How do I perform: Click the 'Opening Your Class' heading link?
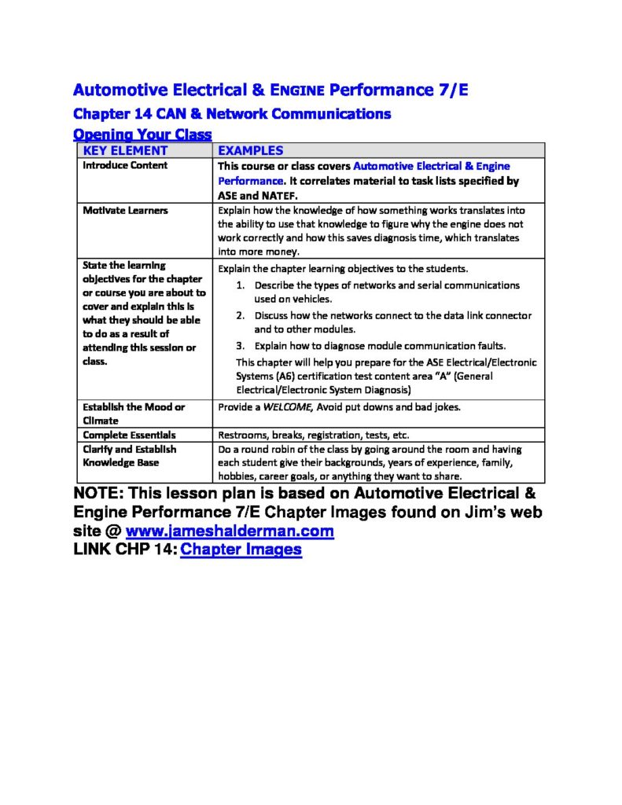click(142, 134)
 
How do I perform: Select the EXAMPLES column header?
click(250, 150)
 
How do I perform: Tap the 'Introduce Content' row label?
click(125, 165)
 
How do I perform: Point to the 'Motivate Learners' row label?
click(125, 210)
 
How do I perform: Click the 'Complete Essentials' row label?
click(129, 435)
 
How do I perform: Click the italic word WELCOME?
click(287, 406)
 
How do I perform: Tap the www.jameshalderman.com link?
click(230, 531)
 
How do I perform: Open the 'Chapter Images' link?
click(241, 550)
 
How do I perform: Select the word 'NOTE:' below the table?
click(98, 494)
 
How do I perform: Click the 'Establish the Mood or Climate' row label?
click(134, 414)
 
